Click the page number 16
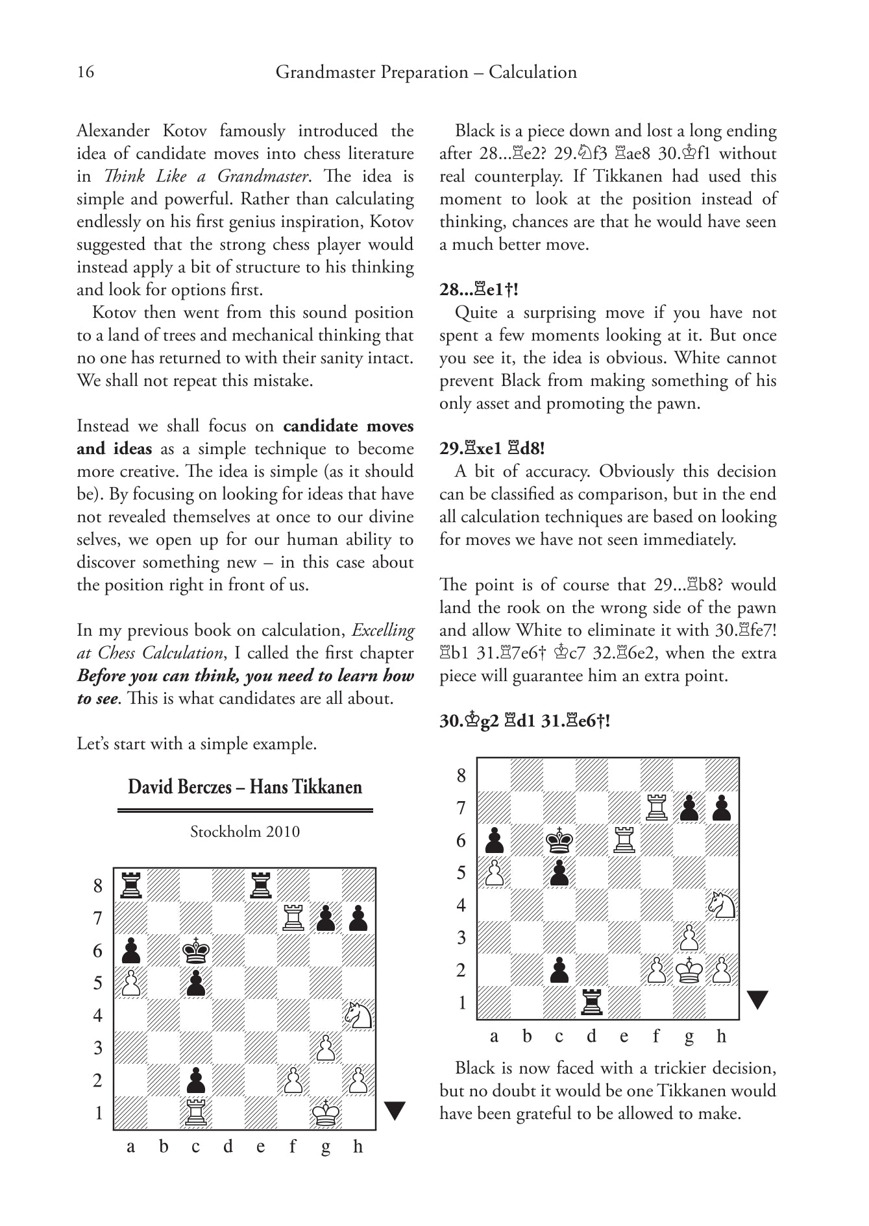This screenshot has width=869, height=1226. click(86, 71)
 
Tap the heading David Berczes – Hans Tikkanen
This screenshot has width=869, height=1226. click(245, 787)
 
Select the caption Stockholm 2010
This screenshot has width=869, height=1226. click(245, 832)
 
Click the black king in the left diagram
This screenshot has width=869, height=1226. click(196, 951)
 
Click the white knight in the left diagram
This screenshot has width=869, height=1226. click(358, 1016)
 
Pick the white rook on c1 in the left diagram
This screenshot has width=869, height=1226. click(196, 1113)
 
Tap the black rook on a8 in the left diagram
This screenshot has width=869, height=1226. click(131, 885)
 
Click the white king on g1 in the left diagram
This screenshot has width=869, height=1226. click(326, 1113)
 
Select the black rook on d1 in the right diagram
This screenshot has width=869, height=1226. click(592, 1002)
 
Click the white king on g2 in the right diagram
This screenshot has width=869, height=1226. click(689, 970)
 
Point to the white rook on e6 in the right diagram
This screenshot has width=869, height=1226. click(624, 840)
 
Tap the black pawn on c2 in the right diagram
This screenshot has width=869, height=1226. click(559, 970)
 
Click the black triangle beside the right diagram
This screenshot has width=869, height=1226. click(757, 1000)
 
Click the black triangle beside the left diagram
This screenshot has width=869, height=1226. click(395, 1111)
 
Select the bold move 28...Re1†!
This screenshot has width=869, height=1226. click(478, 289)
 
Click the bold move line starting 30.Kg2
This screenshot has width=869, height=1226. click(524, 721)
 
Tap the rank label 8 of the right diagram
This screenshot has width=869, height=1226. click(461, 775)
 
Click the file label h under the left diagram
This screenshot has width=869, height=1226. click(358, 1147)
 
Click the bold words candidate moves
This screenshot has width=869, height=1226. click(349, 426)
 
